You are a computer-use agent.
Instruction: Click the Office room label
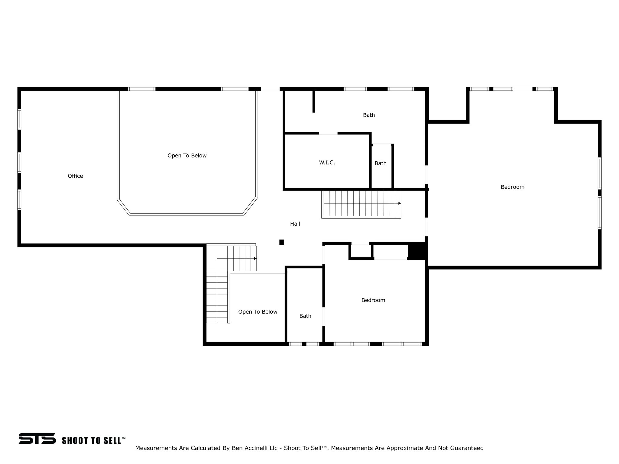tap(75, 176)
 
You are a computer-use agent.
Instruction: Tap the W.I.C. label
tap(327, 163)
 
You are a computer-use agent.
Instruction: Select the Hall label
tap(295, 224)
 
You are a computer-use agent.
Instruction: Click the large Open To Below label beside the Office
tap(187, 156)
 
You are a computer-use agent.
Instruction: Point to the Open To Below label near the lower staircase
tap(258, 312)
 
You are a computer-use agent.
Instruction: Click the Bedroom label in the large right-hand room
tap(512, 187)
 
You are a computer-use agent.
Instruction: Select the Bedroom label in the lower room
tap(373, 300)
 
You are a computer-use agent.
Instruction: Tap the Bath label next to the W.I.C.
tap(381, 163)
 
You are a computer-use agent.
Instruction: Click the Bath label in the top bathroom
tap(369, 115)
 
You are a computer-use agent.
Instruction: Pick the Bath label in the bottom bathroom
tap(305, 316)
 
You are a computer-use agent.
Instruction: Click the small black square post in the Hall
tap(281, 242)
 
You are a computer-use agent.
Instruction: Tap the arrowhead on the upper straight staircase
tap(400, 203)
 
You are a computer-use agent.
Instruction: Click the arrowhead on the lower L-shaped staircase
tap(255, 259)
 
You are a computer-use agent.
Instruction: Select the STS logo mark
tap(37, 438)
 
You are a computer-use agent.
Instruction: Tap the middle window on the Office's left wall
tap(19, 163)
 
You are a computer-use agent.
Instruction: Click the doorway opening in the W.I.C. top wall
tap(328, 133)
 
